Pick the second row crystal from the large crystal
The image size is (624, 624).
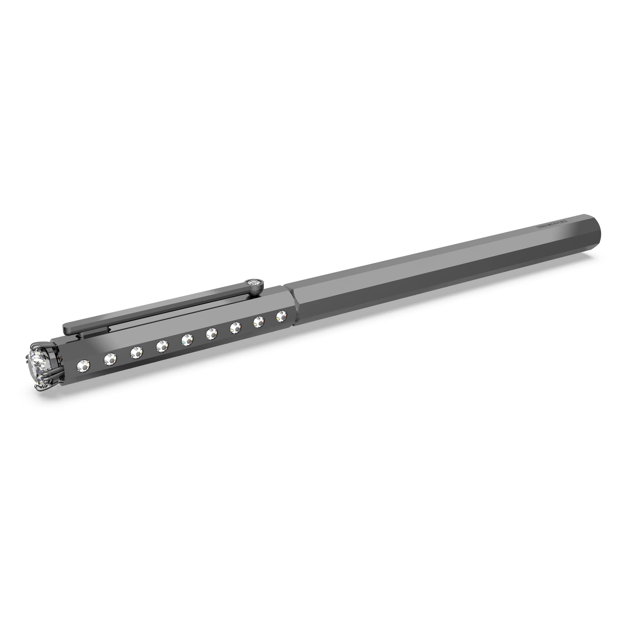point(110,358)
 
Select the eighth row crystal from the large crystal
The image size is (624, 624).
point(259,321)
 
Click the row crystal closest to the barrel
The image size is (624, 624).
point(281,315)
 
